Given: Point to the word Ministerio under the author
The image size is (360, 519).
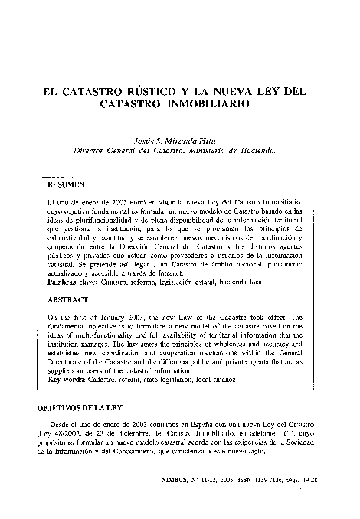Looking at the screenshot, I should click(x=218, y=152).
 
